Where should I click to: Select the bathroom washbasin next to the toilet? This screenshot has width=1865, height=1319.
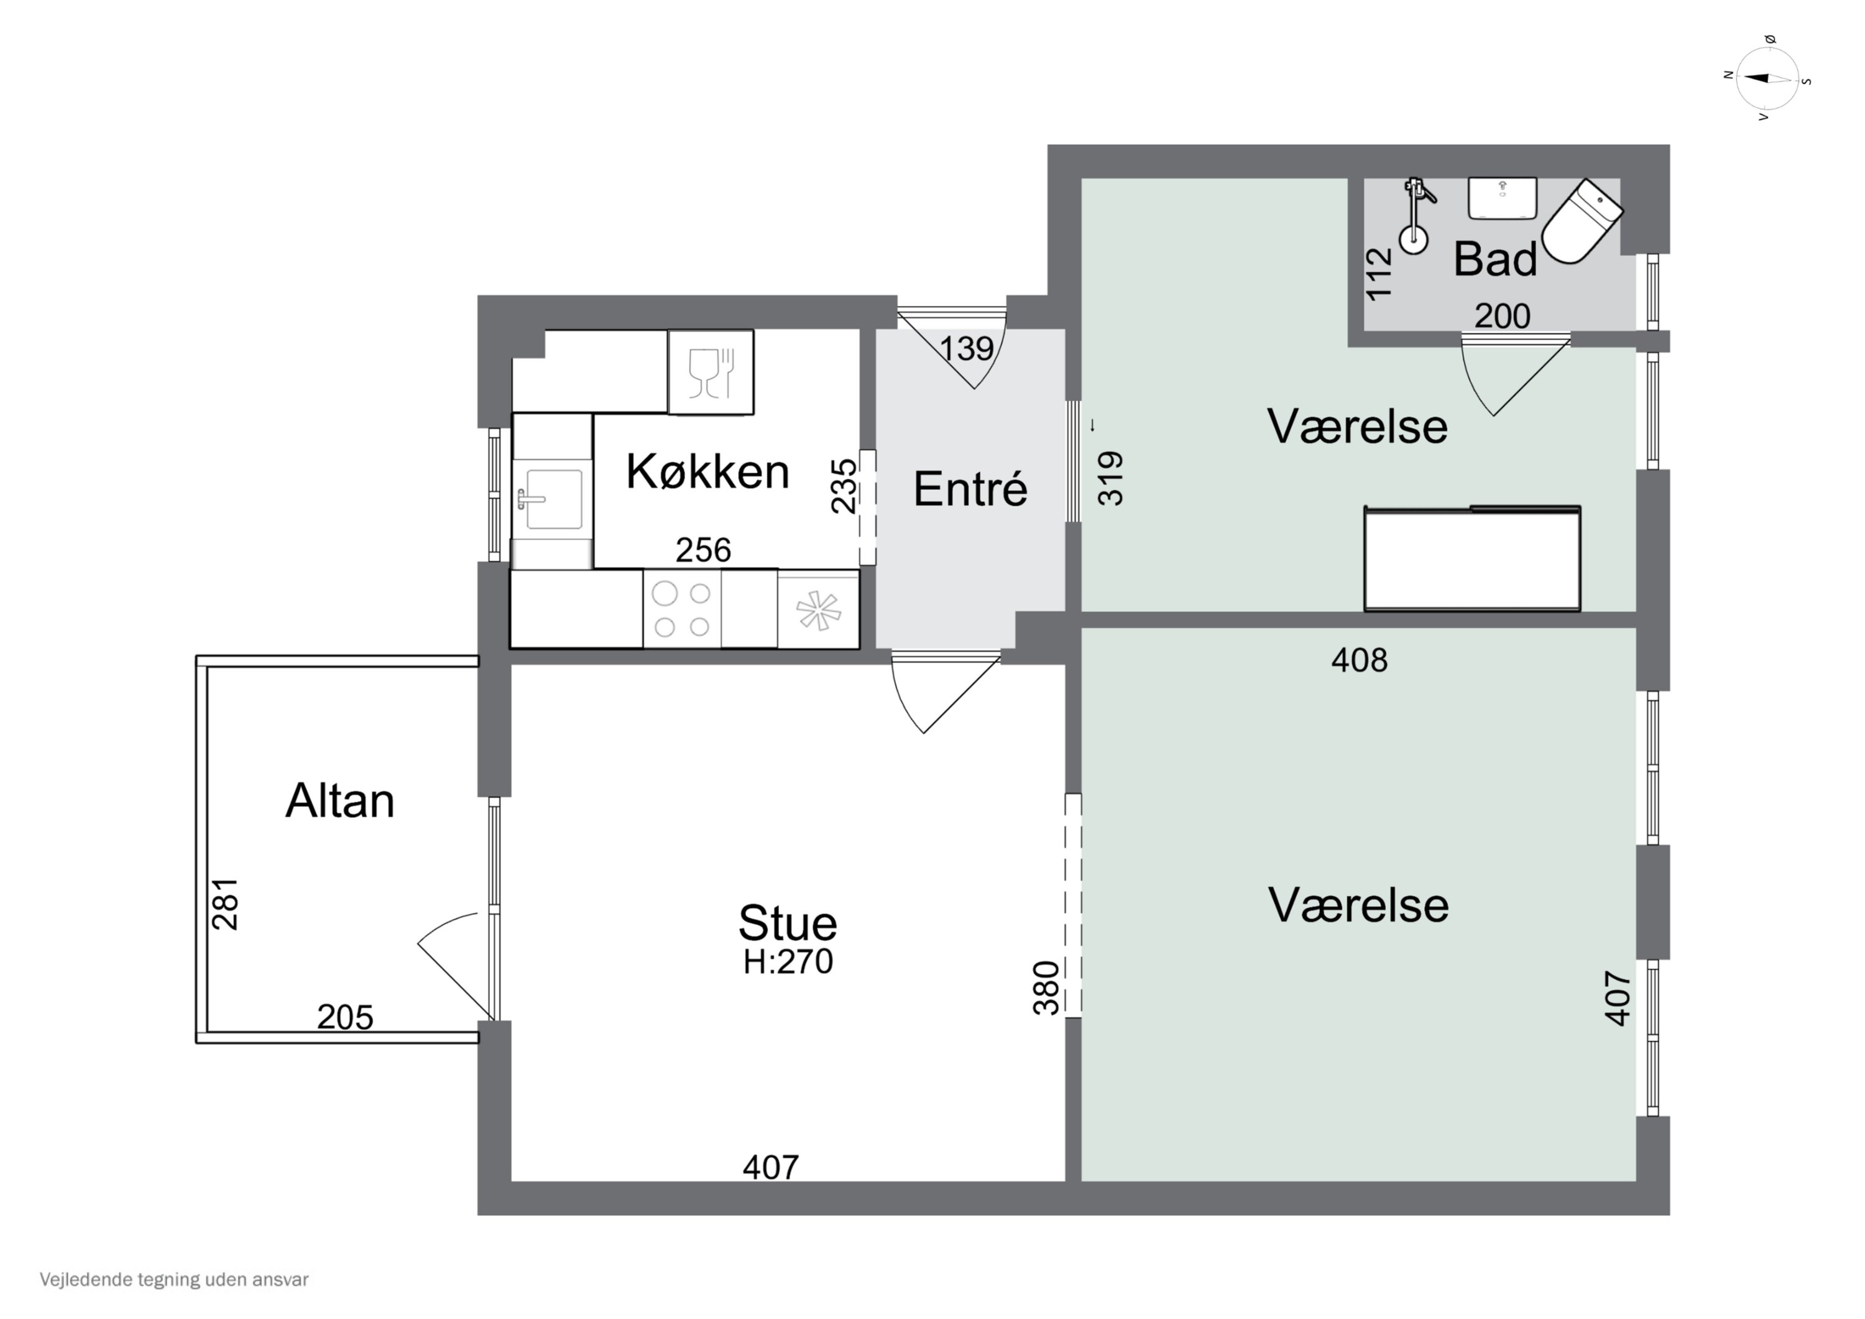(x=1502, y=198)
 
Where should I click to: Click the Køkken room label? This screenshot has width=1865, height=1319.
(x=707, y=471)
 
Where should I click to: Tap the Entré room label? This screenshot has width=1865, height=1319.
(x=970, y=489)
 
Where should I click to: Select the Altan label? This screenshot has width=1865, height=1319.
(x=339, y=802)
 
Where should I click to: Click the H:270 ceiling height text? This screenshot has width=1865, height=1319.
(x=788, y=962)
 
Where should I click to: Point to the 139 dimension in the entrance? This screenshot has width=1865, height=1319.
(x=967, y=349)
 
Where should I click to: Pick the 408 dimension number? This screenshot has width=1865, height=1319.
(x=1359, y=660)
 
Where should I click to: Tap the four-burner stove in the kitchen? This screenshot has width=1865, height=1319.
(x=681, y=609)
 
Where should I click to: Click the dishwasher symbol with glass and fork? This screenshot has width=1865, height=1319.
(x=711, y=373)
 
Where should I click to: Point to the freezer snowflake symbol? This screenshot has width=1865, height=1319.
(x=817, y=609)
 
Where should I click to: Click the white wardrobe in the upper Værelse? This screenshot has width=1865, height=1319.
(x=1472, y=559)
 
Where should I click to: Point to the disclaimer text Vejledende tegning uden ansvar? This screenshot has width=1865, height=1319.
(x=174, y=1280)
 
